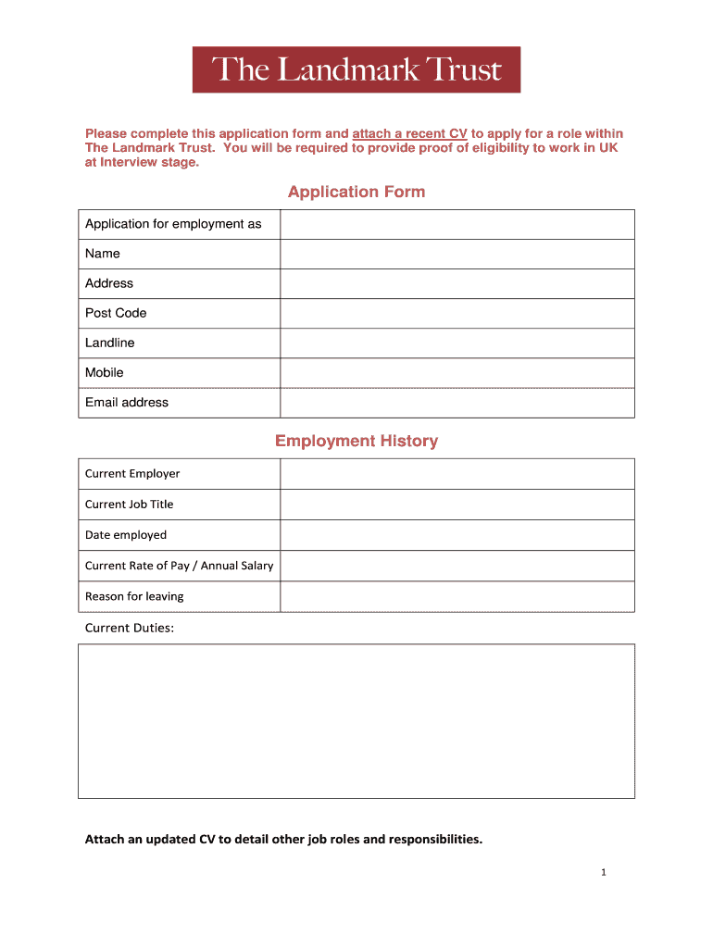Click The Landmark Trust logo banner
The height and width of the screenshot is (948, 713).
click(356, 69)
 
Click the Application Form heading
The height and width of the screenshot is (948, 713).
click(356, 192)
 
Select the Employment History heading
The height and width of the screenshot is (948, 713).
click(356, 441)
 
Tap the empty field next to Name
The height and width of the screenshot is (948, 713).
click(457, 254)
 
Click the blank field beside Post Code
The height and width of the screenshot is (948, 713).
click(457, 313)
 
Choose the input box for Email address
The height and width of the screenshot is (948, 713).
click(457, 403)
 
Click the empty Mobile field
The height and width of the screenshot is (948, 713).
click(457, 372)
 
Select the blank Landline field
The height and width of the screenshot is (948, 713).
click(457, 343)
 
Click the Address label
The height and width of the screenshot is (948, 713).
click(109, 283)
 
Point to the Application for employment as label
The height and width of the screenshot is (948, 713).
click(173, 224)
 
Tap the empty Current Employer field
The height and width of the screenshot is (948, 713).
click(457, 474)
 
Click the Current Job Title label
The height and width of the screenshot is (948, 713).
click(129, 505)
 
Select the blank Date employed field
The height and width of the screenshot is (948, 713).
click(457, 535)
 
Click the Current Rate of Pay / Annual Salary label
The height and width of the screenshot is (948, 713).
click(179, 566)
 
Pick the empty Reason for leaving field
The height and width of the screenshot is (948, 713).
click(457, 596)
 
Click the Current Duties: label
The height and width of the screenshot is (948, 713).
click(129, 628)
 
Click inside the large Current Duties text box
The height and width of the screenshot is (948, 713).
click(356, 720)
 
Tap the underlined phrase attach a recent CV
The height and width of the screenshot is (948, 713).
click(409, 133)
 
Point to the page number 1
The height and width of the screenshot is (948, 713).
click(602, 872)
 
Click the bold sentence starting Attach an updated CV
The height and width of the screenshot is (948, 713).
click(283, 840)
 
